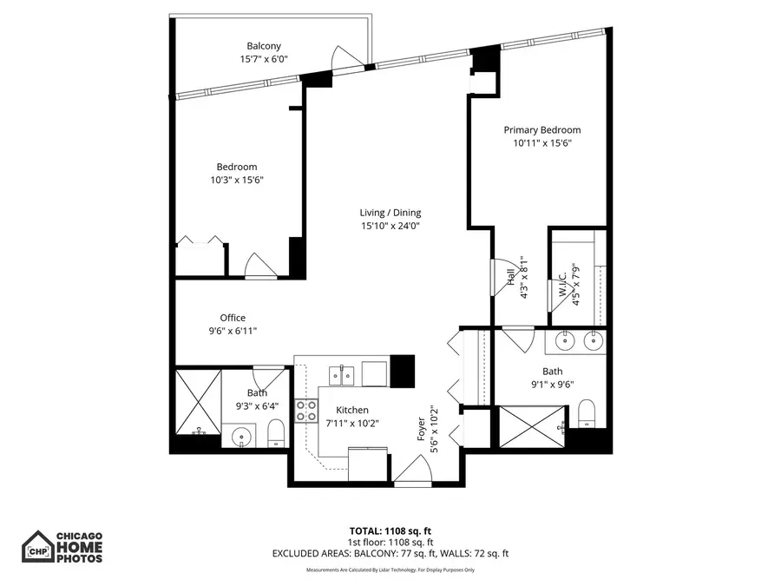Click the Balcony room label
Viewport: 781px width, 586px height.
coord(264,46)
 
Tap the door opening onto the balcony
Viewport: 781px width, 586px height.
coord(349,57)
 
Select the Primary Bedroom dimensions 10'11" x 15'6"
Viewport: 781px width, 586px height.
coord(542,142)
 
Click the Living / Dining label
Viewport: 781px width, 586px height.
coord(390,213)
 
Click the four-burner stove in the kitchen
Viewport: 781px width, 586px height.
coord(306,410)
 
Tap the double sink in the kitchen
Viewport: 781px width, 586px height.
coord(340,374)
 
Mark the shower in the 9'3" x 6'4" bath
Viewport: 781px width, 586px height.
coord(197,401)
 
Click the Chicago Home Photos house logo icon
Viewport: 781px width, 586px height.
coord(36,548)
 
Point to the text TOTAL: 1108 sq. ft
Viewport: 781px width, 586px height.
coord(390,530)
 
